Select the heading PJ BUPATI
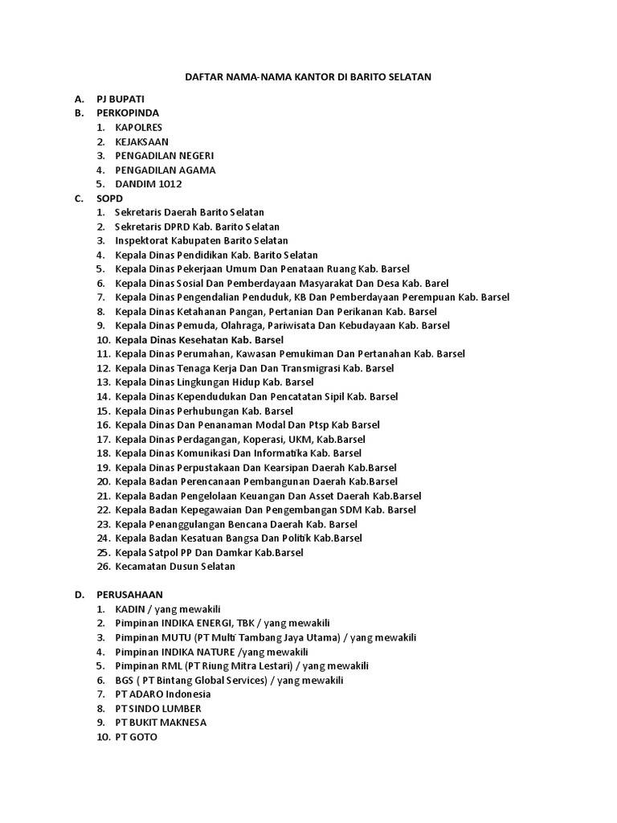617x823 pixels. click(121, 98)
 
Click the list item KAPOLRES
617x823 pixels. click(139, 127)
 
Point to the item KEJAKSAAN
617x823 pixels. click(142, 141)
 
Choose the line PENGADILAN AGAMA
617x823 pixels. click(165, 170)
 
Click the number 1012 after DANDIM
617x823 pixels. click(170, 184)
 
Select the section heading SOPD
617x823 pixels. click(109, 198)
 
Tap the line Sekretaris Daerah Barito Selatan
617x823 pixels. click(190, 212)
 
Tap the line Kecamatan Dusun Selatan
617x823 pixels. click(175, 566)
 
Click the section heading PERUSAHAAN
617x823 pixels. click(130, 595)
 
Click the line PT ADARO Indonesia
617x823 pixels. click(163, 694)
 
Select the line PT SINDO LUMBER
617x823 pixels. click(158, 708)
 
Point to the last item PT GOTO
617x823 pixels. click(137, 736)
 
